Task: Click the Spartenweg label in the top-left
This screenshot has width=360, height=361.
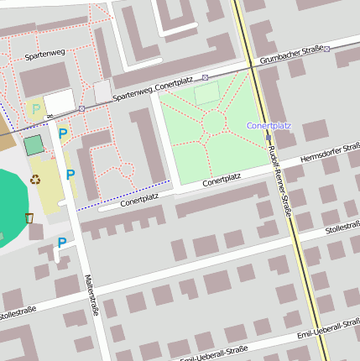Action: [x=44, y=55]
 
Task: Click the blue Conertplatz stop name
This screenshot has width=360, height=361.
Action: [x=269, y=126]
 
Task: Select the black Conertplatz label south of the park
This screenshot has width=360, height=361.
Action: [x=222, y=179]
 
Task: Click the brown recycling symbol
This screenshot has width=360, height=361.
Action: [x=35, y=178]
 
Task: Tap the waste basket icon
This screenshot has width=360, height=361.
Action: [x=29, y=218]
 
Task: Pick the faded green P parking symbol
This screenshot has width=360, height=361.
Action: [x=34, y=108]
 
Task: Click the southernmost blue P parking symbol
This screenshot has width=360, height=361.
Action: [x=61, y=243]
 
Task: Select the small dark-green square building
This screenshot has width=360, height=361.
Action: [x=34, y=145]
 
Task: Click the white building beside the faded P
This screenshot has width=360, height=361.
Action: [x=60, y=102]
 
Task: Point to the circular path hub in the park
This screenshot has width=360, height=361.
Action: [x=213, y=123]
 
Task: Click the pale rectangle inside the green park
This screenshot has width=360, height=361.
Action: [x=206, y=93]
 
